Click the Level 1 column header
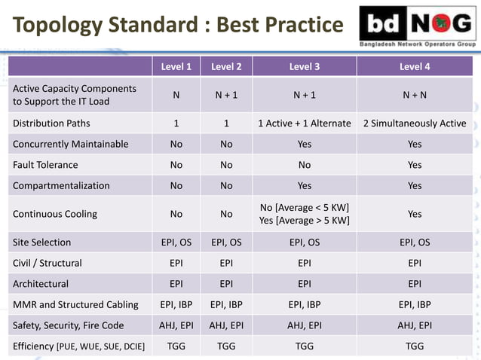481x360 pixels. (176, 66)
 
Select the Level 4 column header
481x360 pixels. (415, 66)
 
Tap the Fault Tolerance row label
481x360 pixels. (45, 165)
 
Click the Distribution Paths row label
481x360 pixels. (51, 124)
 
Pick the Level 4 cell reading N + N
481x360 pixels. (415, 96)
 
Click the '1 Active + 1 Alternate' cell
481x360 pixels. (305, 124)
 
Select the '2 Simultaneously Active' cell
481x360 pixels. (415, 124)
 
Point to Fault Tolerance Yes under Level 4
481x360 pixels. (415, 165)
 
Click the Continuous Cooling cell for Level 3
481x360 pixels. (305, 214)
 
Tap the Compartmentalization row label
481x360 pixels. (61, 185)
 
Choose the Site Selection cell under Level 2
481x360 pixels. (226, 243)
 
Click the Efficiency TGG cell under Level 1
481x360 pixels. (176, 346)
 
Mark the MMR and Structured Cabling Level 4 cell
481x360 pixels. (415, 305)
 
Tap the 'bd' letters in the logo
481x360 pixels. (384, 27)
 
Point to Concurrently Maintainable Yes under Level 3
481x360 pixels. (305, 144)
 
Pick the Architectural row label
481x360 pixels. (41, 284)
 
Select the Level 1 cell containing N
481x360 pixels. (176, 96)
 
